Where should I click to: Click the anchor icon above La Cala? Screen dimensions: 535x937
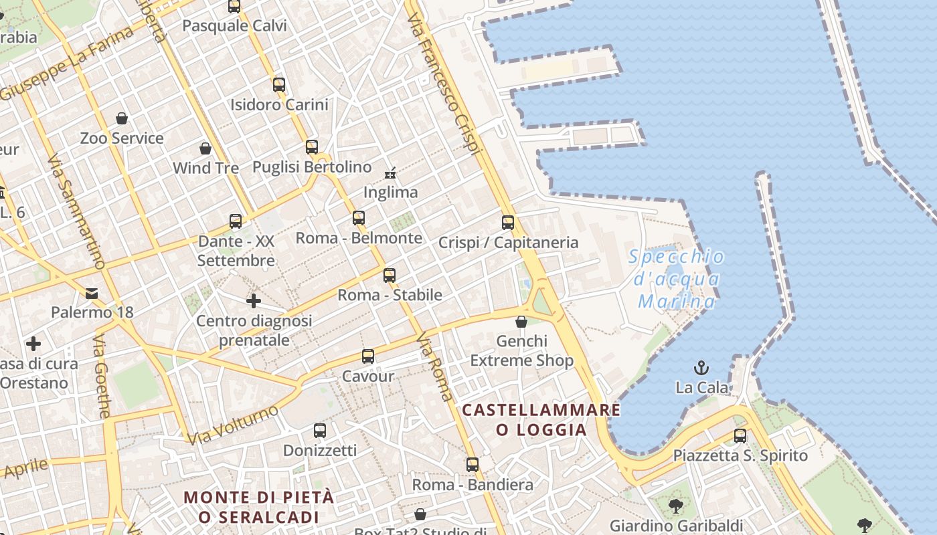click(701, 367)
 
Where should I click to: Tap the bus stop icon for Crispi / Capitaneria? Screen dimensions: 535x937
click(508, 223)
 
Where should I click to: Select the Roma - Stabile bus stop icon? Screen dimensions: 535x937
click(390, 275)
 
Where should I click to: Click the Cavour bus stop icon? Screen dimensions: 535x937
click(368, 356)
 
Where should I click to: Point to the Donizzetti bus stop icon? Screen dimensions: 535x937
click(320, 431)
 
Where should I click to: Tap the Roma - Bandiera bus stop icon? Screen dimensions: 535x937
click(473, 465)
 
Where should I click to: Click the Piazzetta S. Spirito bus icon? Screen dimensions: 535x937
click(740, 436)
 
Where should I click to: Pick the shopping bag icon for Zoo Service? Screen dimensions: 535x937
click(122, 118)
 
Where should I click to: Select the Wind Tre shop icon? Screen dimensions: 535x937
click(205, 148)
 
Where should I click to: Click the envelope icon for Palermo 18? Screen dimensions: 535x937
click(92, 293)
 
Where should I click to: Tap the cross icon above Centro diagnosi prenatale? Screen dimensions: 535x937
click(254, 301)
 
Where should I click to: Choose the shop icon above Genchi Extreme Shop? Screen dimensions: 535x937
click(521, 322)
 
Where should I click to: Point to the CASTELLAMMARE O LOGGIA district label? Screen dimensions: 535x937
click(541, 419)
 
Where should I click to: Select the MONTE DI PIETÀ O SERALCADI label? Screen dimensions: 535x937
click(258, 507)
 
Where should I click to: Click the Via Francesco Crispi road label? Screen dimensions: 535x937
click(445, 87)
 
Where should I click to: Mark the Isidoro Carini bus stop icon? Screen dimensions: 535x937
click(279, 85)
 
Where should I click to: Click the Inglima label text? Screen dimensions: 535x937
click(390, 193)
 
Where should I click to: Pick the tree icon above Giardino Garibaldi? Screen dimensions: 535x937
click(676, 505)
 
